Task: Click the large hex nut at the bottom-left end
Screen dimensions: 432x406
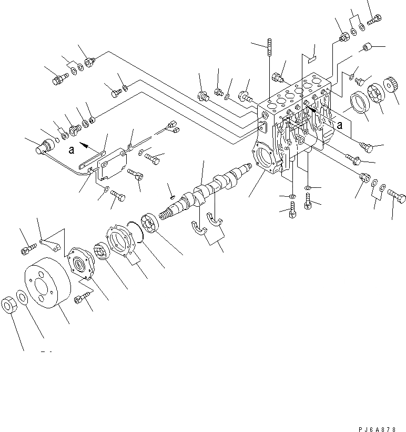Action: [10, 305]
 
